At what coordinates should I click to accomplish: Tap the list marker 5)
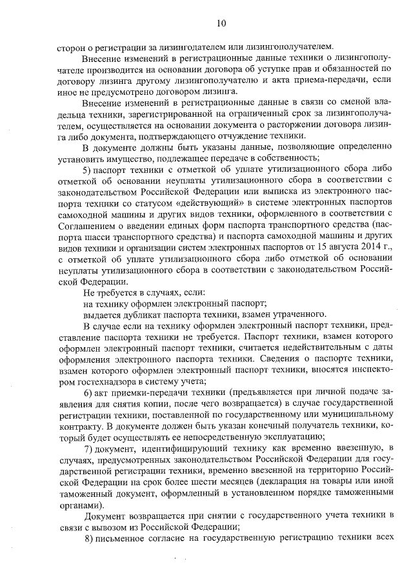coord(90,169)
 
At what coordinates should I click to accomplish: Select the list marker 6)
coord(90,394)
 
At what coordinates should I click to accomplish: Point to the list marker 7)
coord(90,449)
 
